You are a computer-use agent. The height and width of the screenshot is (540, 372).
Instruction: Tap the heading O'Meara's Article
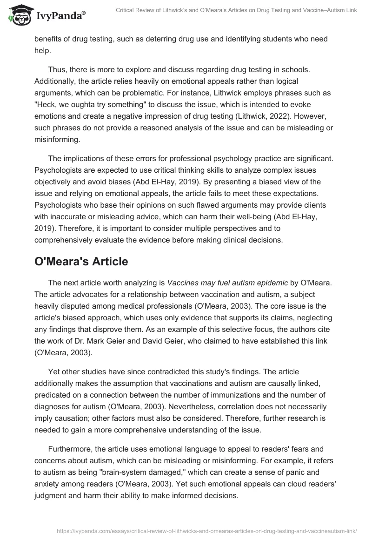[x=81, y=262]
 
